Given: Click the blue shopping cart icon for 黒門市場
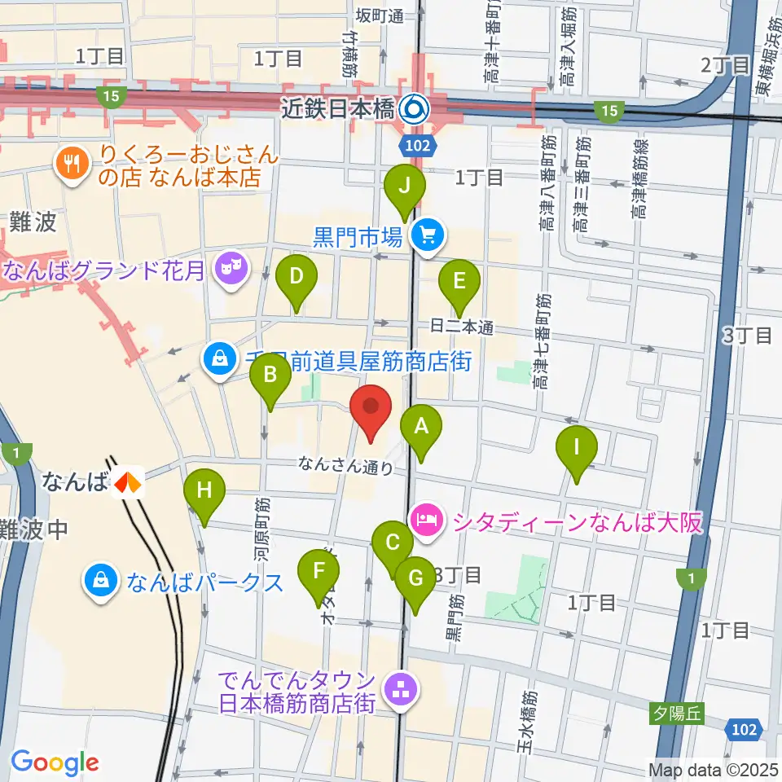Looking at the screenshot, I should pyautogui.click(x=426, y=236).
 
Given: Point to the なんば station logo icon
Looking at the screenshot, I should pyautogui.click(x=126, y=482).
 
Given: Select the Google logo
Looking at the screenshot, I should pyautogui.click(x=55, y=762).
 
